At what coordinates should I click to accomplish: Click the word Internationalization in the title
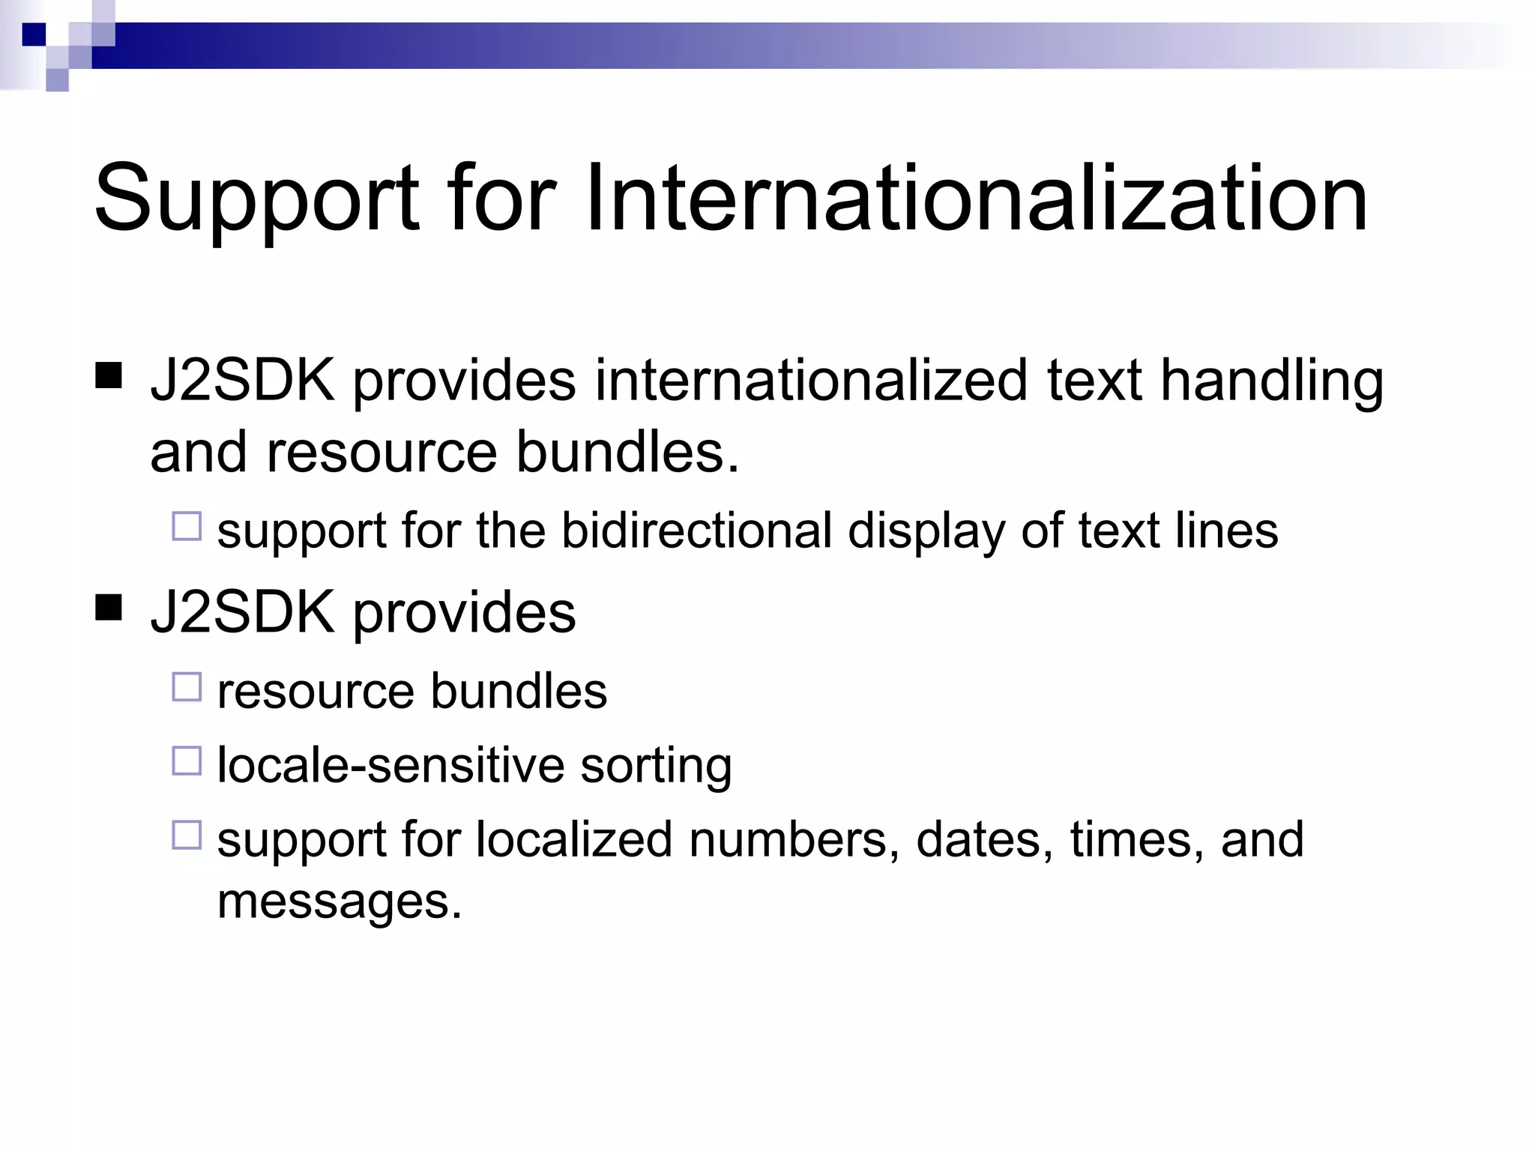point(976,199)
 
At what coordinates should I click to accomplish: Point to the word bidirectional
point(697,531)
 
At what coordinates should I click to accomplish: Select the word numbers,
point(794,839)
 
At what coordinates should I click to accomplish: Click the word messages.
point(340,901)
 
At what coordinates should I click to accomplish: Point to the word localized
point(573,839)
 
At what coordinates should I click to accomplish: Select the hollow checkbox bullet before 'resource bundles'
point(187,686)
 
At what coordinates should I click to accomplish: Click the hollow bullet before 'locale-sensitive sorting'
point(187,761)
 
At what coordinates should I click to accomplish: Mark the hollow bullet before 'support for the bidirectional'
point(187,526)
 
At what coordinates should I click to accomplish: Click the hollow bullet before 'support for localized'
point(187,835)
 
